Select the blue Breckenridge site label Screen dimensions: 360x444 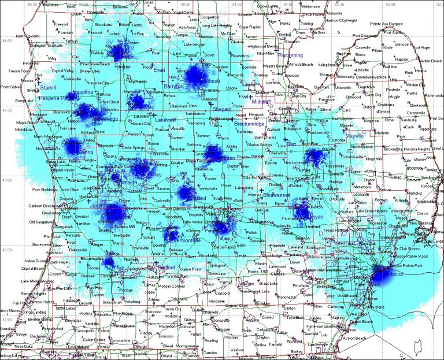point(250,124)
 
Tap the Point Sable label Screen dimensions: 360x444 point(10,87)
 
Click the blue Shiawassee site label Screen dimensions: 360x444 point(275,196)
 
